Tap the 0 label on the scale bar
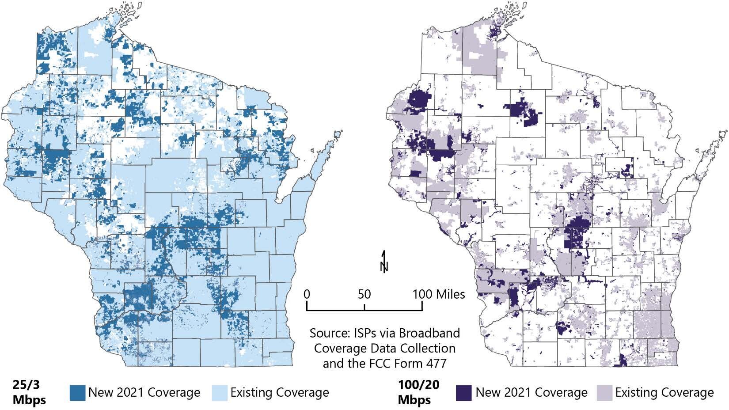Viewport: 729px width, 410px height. coord(308,294)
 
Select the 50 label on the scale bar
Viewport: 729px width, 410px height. coord(364,294)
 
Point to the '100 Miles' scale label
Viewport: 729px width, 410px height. coord(439,294)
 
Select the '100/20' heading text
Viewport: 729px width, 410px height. coord(418,385)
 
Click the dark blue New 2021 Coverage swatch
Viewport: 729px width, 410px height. coord(77,393)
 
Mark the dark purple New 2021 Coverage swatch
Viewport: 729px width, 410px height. coord(464,393)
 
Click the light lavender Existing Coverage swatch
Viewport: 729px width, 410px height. coord(604,393)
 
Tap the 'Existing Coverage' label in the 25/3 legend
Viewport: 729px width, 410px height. coord(280,393)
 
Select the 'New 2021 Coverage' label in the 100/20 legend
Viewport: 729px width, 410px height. coord(532,393)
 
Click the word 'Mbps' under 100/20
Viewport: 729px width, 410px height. coord(414,400)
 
